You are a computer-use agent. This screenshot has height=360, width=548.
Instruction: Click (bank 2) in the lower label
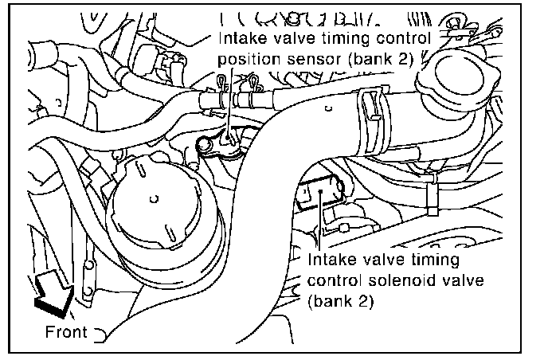[339, 300]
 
